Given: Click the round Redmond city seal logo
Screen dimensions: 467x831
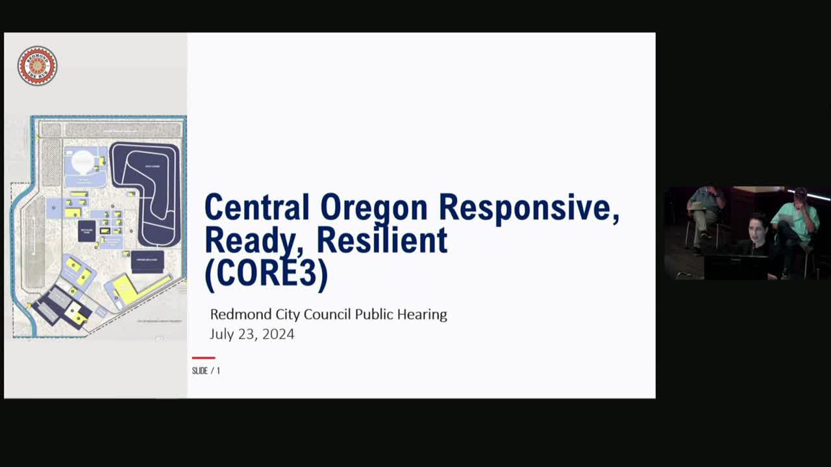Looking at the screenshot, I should point(38,66).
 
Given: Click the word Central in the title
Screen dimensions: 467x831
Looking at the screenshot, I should point(257,208).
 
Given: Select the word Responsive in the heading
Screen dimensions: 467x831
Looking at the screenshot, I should point(528,208).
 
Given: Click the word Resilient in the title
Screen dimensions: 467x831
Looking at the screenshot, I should point(382,239).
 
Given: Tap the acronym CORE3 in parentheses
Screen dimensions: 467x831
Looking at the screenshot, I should point(266,273).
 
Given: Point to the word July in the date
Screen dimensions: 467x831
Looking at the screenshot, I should point(222,335).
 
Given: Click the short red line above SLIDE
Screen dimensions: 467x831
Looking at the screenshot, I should point(203,357).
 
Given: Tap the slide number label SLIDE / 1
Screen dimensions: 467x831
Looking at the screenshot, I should point(206,371).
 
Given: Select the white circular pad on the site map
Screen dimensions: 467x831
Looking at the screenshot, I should point(82,161).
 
